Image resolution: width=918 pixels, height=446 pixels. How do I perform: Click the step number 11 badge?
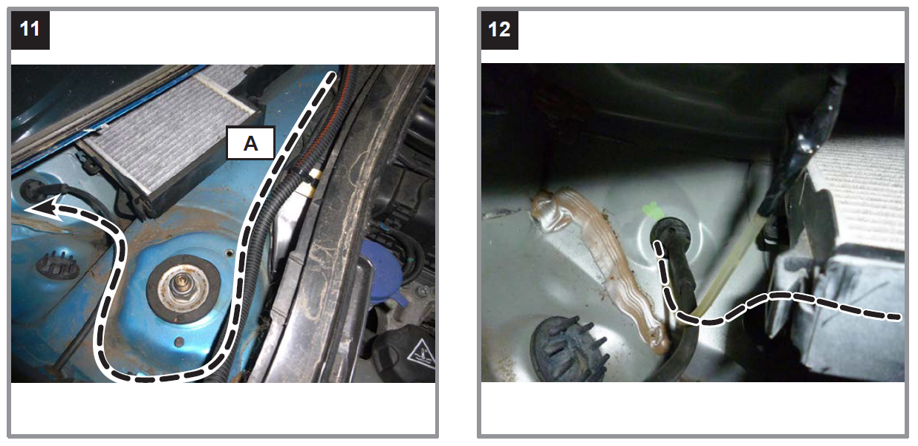point(30,30)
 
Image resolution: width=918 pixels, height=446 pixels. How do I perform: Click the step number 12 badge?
point(500,30)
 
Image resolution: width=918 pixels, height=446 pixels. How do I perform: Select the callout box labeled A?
point(250,143)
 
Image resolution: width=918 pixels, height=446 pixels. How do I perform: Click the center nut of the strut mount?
point(180,283)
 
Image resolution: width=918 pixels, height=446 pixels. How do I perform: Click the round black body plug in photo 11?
point(57,266)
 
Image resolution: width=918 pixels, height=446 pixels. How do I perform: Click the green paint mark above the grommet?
point(653,211)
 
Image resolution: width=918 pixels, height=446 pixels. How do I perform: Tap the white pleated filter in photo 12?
point(861,192)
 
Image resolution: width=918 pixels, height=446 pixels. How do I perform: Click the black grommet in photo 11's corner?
point(30,190)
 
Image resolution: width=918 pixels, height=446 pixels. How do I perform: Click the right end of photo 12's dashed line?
point(899,318)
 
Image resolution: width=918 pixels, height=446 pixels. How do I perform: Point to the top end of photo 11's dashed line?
point(332,76)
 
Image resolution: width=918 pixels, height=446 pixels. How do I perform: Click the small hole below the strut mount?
point(178,341)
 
